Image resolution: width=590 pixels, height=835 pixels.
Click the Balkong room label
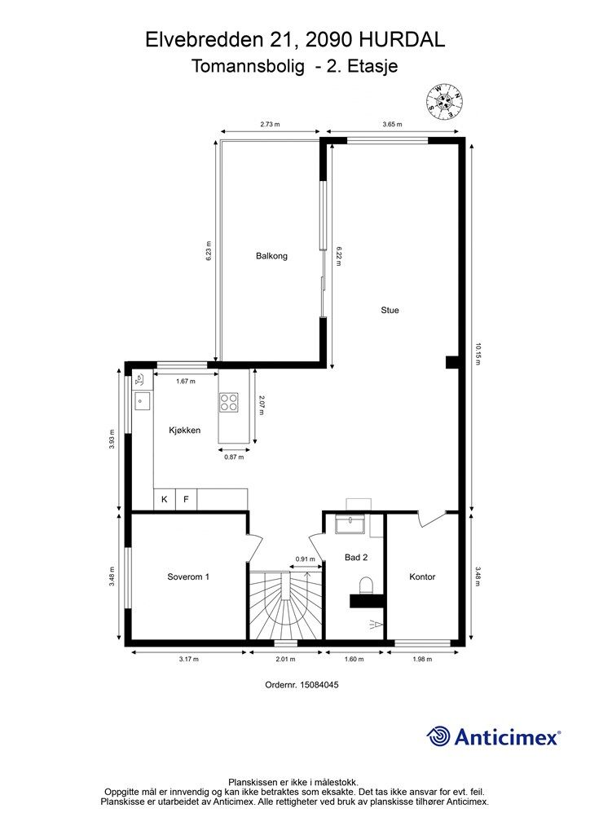[x=271, y=255]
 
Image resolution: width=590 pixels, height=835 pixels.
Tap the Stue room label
[x=390, y=310]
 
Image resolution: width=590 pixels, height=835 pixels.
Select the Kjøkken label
[x=185, y=431]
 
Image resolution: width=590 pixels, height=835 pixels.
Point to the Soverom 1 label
[x=188, y=577]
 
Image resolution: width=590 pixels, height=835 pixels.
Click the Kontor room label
[x=422, y=577]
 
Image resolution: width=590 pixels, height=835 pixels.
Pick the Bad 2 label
[x=356, y=558]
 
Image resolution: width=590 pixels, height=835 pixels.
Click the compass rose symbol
[x=444, y=101]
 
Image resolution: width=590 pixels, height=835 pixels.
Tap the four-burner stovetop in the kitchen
[x=229, y=402]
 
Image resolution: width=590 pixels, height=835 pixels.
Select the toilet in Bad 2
[x=367, y=585]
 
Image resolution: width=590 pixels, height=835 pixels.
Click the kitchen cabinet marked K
[x=165, y=500]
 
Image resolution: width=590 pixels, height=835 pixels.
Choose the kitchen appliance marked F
[x=186, y=500]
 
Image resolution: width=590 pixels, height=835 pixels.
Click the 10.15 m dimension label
[x=478, y=355]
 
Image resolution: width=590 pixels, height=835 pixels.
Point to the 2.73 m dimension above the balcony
[x=271, y=124]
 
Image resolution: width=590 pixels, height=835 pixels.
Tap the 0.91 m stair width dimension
[x=306, y=559]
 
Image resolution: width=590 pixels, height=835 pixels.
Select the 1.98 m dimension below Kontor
[x=422, y=659]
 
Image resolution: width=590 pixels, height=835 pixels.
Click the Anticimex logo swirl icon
[x=438, y=737]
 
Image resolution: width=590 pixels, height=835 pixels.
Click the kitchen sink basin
[x=142, y=401]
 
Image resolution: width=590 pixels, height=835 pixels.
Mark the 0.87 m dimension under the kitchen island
[x=234, y=457]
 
